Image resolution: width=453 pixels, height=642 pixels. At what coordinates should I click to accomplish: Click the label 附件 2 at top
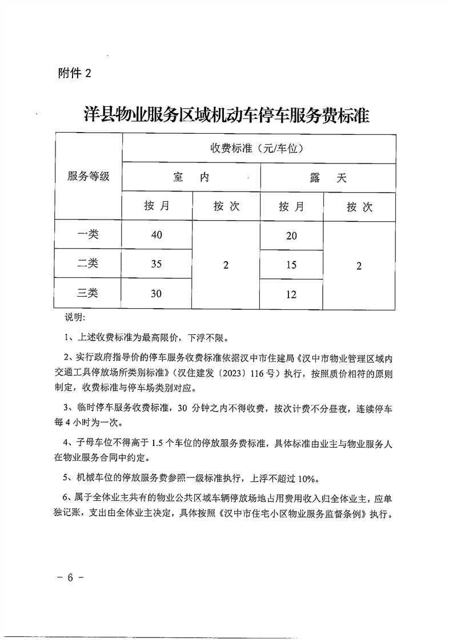pyautogui.click(x=74, y=73)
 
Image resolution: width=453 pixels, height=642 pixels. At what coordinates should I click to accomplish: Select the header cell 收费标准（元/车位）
pyautogui.click(x=259, y=149)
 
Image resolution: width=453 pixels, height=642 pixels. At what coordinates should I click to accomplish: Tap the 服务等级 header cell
pyautogui.click(x=89, y=176)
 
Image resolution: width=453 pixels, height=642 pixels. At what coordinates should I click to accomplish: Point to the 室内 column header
pyautogui.click(x=191, y=178)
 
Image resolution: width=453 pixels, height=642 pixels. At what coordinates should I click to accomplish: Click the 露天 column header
pyautogui.click(x=328, y=178)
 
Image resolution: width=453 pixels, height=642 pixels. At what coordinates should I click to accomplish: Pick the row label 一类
pyautogui.click(x=88, y=234)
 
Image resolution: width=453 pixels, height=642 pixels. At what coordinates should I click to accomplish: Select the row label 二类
pyautogui.click(x=88, y=264)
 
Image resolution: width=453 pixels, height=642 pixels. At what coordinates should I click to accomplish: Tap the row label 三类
pyautogui.click(x=88, y=293)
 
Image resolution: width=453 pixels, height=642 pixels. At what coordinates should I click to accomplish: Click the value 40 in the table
pyautogui.click(x=157, y=235)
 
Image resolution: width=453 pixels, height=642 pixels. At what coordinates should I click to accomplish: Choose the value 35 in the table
pyautogui.click(x=157, y=264)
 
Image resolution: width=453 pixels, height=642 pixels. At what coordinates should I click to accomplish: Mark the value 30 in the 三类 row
pyautogui.click(x=157, y=294)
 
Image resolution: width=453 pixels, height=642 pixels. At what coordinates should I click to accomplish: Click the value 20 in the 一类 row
pyautogui.click(x=291, y=236)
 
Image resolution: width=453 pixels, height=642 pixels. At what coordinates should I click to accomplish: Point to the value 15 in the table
pyautogui.click(x=291, y=265)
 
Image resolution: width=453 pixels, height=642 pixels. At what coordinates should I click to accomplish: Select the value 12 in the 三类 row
pyautogui.click(x=291, y=294)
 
